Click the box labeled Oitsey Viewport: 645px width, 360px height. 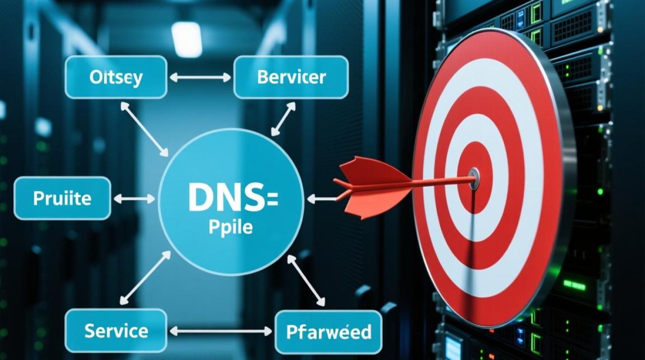[x=116, y=77]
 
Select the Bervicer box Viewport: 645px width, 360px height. [x=291, y=77]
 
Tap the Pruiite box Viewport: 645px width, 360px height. [x=62, y=198]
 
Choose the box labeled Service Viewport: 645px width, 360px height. [x=116, y=331]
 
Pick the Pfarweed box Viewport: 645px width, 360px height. [x=328, y=332]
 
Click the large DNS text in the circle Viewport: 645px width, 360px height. [x=226, y=197]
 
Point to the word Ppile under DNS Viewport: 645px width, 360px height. [x=230, y=227]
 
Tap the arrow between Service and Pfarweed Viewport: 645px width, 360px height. [x=221, y=331]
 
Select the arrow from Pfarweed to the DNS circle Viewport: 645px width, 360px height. [x=306, y=280]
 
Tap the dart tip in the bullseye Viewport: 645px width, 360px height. [x=473, y=177]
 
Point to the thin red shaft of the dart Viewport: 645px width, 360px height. [x=442, y=180]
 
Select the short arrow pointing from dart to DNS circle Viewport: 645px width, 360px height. [x=320, y=197]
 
